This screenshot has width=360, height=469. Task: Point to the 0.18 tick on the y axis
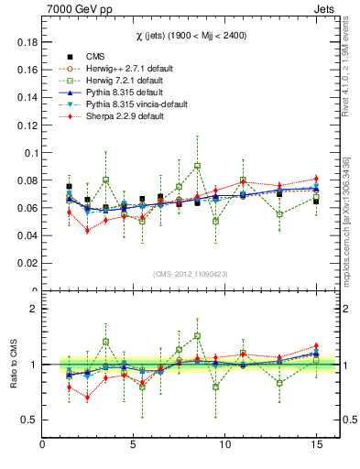(x=27, y=42)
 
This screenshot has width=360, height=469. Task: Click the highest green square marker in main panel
(x=197, y=166)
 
